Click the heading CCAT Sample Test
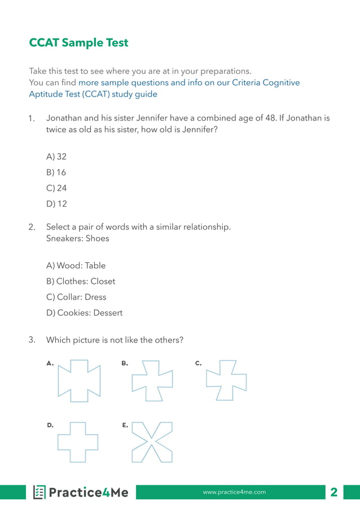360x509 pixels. [x=78, y=43]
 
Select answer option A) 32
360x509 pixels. [x=56, y=157]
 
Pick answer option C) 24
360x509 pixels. [x=56, y=188]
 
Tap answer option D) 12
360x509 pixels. [x=56, y=204]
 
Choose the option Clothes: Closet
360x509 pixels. [x=81, y=282]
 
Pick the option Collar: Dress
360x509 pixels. [x=76, y=297]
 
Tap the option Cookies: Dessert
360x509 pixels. [x=84, y=313]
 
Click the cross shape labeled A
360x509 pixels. [x=80, y=381]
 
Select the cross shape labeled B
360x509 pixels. [x=152, y=381]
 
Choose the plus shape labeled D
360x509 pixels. [x=78, y=442]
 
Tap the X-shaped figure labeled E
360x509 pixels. [x=152, y=442]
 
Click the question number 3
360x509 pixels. [x=32, y=340]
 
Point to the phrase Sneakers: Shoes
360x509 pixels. [x=77, y=239]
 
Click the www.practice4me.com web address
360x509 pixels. [x=234, y=493]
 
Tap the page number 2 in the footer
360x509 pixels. [x=334, y=493]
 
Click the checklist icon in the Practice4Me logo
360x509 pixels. [x=39, y=493]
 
